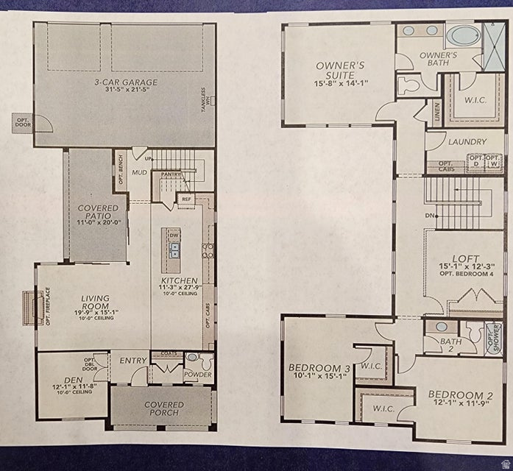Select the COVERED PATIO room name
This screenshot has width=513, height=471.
tap(98, 213)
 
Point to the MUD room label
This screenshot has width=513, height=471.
tap(140, 173)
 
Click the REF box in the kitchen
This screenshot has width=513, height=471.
tap(186, 199)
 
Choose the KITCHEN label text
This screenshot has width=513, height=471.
tap(180, 281)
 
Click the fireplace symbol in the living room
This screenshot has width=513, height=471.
tap(32, 304)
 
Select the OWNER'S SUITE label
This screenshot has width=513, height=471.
tap(340, 70)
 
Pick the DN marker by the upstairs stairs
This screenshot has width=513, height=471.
tap(431, 216)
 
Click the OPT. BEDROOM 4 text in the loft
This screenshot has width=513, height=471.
tap(465, 273)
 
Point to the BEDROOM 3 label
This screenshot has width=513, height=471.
tap(319, 367)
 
